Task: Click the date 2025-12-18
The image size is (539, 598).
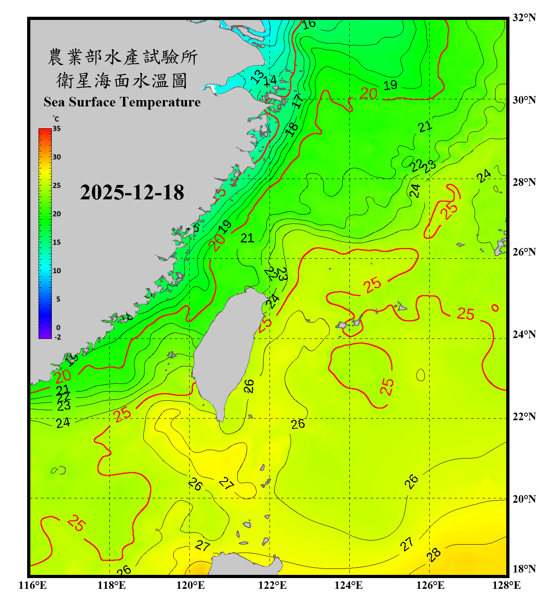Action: [132, 192]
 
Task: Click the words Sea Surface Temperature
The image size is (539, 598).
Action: [122, 102]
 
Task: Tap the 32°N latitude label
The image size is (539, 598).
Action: [524, 18]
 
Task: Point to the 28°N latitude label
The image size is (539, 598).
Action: [524, 182]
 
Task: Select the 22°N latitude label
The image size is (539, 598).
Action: [524, 417]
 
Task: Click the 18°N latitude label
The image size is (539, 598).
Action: [524, 569]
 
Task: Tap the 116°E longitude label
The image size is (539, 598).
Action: [33, 585]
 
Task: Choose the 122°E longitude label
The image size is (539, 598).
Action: [272, 585]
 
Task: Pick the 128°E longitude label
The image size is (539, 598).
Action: [506, 585]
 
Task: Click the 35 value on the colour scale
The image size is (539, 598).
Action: [57, 129]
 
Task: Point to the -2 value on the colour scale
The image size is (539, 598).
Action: [57, 337]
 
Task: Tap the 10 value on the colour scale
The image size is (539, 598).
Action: [57, 271]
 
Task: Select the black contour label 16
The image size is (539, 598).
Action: [309, 24]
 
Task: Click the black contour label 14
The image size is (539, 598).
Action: [270, 81]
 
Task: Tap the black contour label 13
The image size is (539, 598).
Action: [258, 76]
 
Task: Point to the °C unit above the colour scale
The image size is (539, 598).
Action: [56, 119]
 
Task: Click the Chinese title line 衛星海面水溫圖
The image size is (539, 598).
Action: [122, 81]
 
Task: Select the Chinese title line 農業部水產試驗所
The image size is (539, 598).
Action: [123, 57]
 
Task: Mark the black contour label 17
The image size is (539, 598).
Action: [297, 100]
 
